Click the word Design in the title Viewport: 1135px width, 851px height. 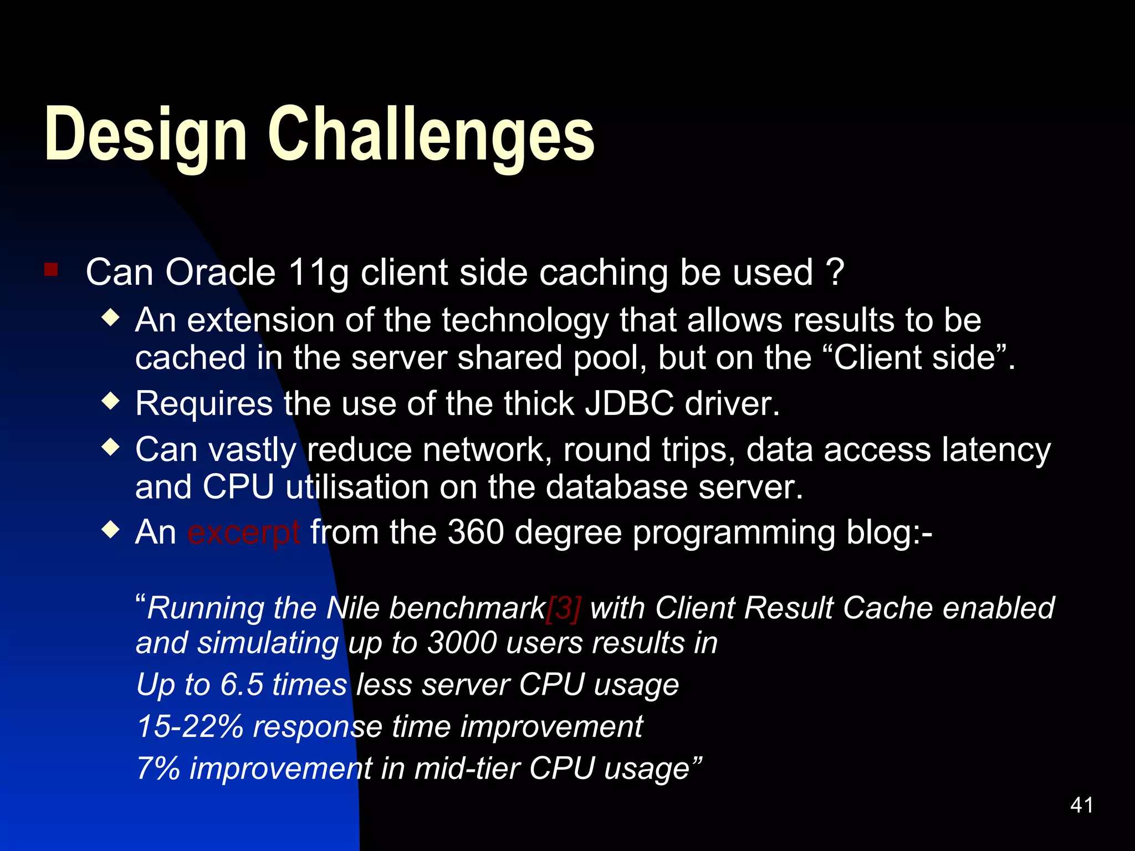point(145,135)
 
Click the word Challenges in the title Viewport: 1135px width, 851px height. point(431,135)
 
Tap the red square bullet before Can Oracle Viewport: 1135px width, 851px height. point(51,270)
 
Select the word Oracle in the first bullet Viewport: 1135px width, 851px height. point(220,273)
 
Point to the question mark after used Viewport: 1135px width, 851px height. point(835,271)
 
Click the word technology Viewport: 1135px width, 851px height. point(525,321)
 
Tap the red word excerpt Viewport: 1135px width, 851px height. point(244,533)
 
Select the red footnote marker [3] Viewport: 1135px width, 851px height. point(564,608)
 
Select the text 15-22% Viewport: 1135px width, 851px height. point(190,726)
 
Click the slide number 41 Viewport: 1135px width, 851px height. point(1081,805)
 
